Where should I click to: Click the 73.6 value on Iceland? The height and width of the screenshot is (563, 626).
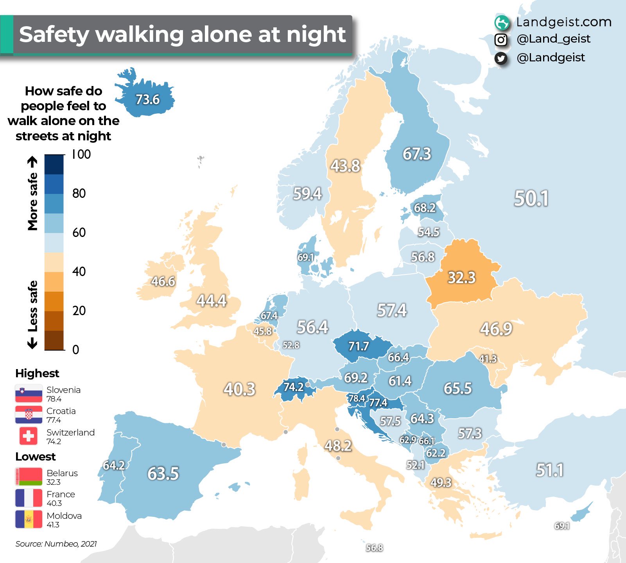click(147, 100)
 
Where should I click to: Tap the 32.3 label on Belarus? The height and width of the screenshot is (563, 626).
click(461, 278)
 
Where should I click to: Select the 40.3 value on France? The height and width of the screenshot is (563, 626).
click(239, 389)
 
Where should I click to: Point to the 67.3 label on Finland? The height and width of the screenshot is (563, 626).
click(417, 154)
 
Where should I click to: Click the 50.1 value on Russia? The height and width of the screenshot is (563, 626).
click(531, 198)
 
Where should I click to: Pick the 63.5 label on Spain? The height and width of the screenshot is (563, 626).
click(163, 473)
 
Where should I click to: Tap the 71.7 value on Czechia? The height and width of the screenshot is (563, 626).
click(359, 346)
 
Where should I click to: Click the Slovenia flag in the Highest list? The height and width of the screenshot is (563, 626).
click(29, 394)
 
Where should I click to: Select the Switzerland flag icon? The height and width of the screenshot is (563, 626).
click(29, 436)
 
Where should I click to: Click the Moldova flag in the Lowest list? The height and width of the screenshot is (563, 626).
click(29, 519)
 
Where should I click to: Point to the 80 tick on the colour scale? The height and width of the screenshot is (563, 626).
click(79, 193)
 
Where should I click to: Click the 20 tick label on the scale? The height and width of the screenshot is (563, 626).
click(79, 310)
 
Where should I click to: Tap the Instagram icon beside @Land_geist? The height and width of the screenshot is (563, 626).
click(501, 39)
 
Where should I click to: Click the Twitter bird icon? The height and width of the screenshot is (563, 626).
click(501, 58)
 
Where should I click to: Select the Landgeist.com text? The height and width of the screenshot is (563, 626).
click(563, 22)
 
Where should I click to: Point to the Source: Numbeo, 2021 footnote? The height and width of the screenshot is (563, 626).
click(56, 544)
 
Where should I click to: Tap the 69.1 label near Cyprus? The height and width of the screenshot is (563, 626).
click(562, 526)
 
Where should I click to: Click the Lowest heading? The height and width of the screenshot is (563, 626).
click(35, 457)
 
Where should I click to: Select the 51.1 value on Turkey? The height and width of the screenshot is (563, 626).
click(549, 470)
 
